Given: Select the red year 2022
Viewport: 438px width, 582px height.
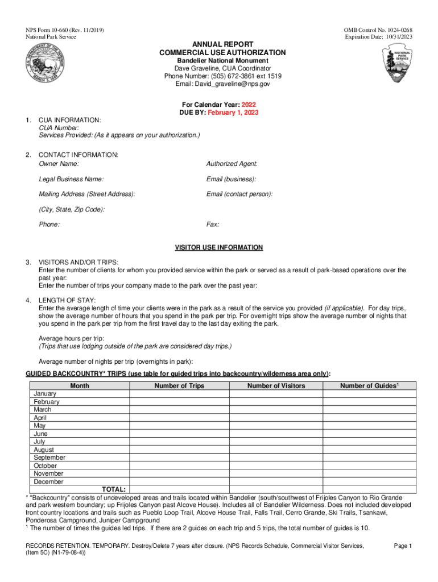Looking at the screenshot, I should (249, 105).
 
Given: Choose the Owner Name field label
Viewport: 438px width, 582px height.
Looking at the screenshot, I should (59, 164).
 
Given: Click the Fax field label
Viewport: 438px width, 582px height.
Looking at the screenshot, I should (213, 225).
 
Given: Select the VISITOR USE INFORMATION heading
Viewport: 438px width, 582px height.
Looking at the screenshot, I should (218, 247).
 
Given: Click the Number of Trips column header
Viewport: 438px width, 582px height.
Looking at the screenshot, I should (179, 386).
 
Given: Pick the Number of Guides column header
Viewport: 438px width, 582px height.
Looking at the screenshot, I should (369, 386).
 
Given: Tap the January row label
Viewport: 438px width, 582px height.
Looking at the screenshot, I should (45, 393).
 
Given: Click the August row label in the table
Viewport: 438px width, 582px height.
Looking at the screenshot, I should (44, 450).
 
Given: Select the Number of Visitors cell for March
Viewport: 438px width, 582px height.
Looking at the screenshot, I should (276, 409).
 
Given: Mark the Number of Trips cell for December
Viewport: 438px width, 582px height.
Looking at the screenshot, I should (179, 481).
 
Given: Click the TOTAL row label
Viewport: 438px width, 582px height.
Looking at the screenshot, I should (114, 489).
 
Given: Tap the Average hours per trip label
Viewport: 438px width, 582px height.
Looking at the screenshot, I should (71, 338).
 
